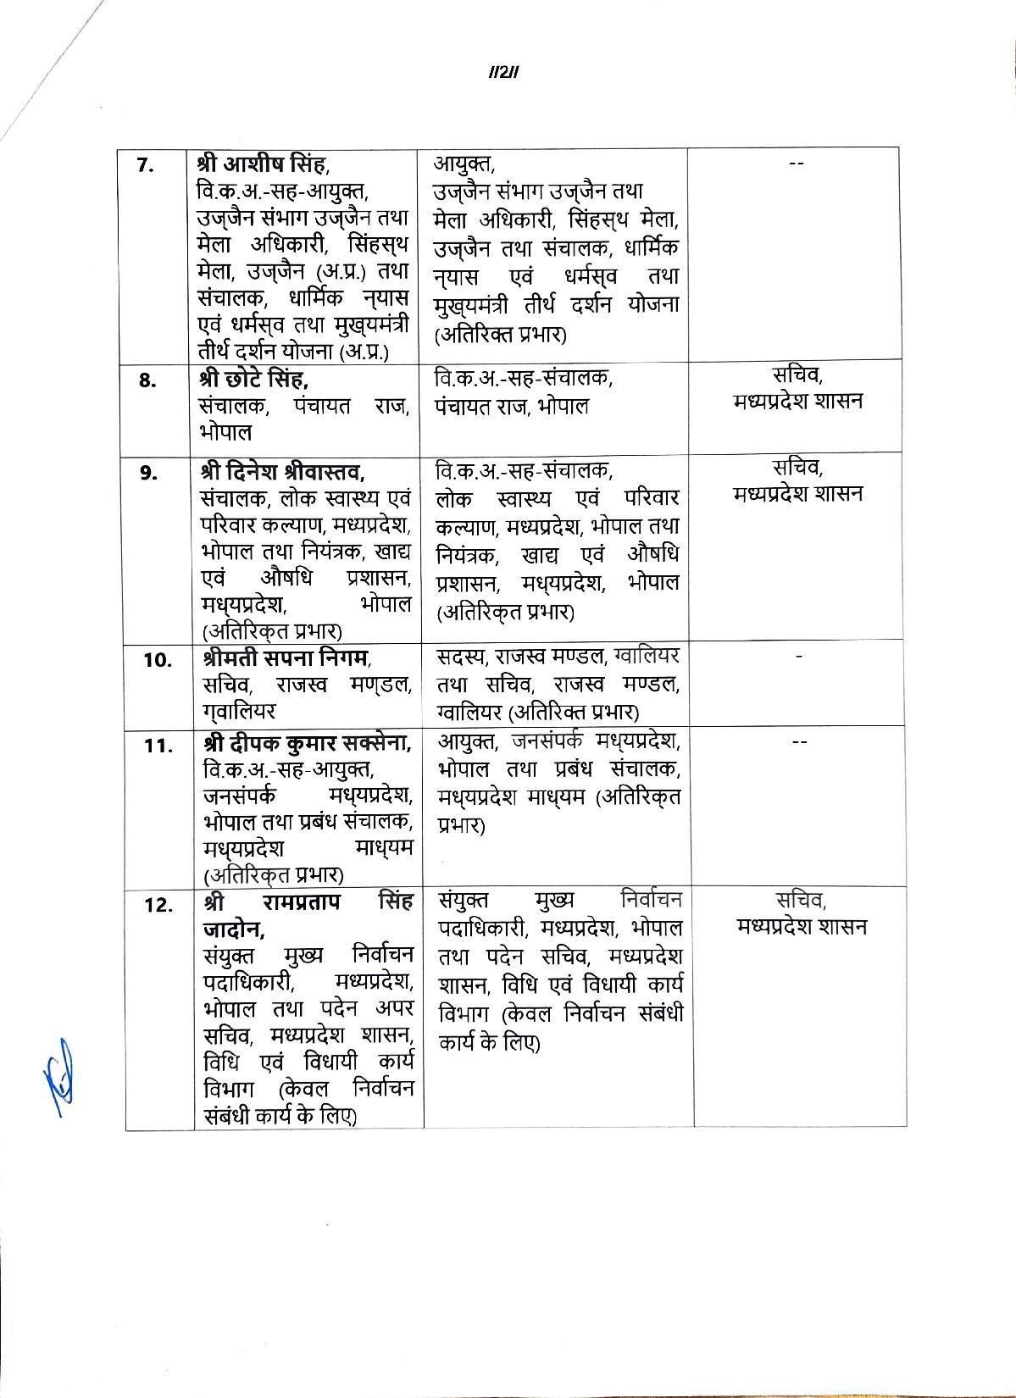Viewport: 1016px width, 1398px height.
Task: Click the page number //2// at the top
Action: point(503,72)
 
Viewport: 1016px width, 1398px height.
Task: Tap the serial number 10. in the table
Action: point(158,661)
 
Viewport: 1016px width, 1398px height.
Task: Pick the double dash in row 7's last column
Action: point(796,164)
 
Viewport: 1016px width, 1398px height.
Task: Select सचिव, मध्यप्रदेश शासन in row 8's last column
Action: point(798,388)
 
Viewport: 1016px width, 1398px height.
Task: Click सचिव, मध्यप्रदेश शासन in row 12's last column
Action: point(801,914)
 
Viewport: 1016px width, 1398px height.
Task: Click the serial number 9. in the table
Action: point(149,474)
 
